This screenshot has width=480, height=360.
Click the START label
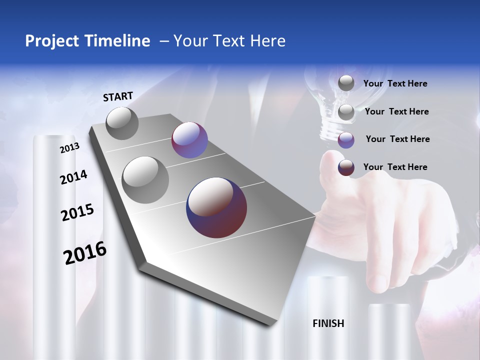click(x=118, y=96)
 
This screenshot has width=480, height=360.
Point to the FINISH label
click(x=328, y=323)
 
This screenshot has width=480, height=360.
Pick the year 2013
click(x=69, y=148)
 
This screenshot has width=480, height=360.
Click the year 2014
click(x=73, y=177)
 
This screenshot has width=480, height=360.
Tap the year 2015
click(x=77, y=212)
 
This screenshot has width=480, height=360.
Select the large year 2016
click(x=85, y=253)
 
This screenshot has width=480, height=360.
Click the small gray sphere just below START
click(x=122, y=123)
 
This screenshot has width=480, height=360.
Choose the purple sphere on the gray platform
click(x=189, y=140)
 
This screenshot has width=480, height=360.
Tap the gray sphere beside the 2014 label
click(x=145, y=179)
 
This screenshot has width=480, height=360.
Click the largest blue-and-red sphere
click(x=216, y=207)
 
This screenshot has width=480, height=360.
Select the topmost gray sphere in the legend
click(x=346, y=83)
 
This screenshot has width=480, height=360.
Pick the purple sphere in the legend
click(x=346, y=140)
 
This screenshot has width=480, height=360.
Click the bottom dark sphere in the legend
click(x=346, y=167)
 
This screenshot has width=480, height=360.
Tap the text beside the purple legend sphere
click(x=397, y=139)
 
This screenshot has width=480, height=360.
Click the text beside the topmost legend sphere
click(x=395, y=83)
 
